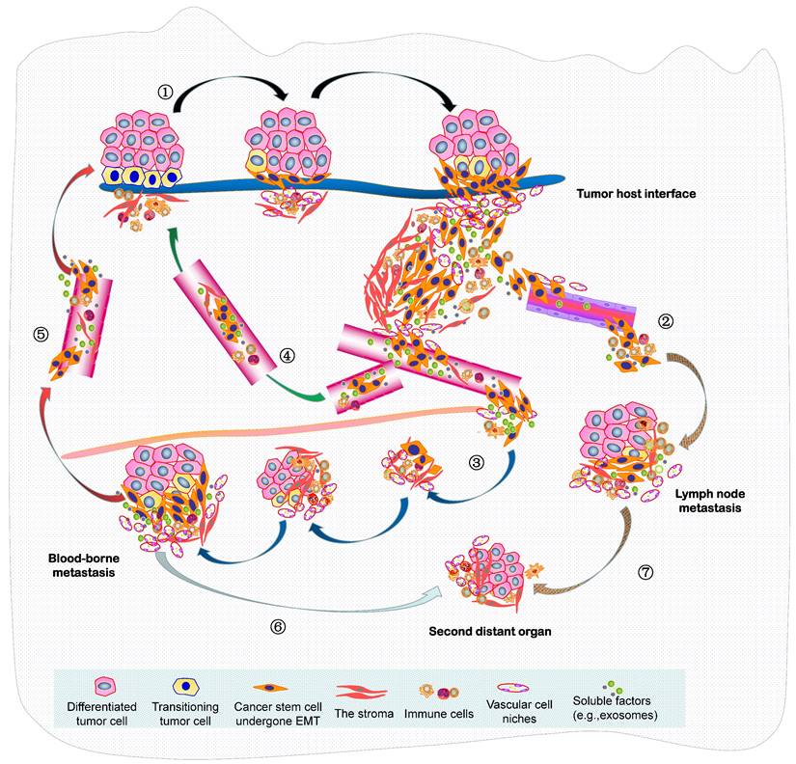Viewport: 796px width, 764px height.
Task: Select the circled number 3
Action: [475, 462]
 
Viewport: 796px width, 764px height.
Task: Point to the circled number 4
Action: [287, 355]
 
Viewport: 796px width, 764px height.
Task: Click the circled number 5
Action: [41, 335]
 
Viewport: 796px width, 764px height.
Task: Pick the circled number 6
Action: [279, 625]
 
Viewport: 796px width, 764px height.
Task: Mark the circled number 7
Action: [645, 571]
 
